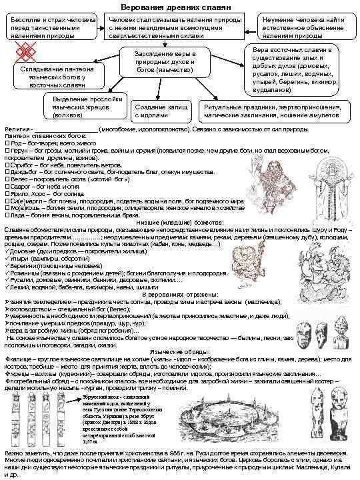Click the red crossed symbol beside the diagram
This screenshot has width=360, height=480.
(25, 51)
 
